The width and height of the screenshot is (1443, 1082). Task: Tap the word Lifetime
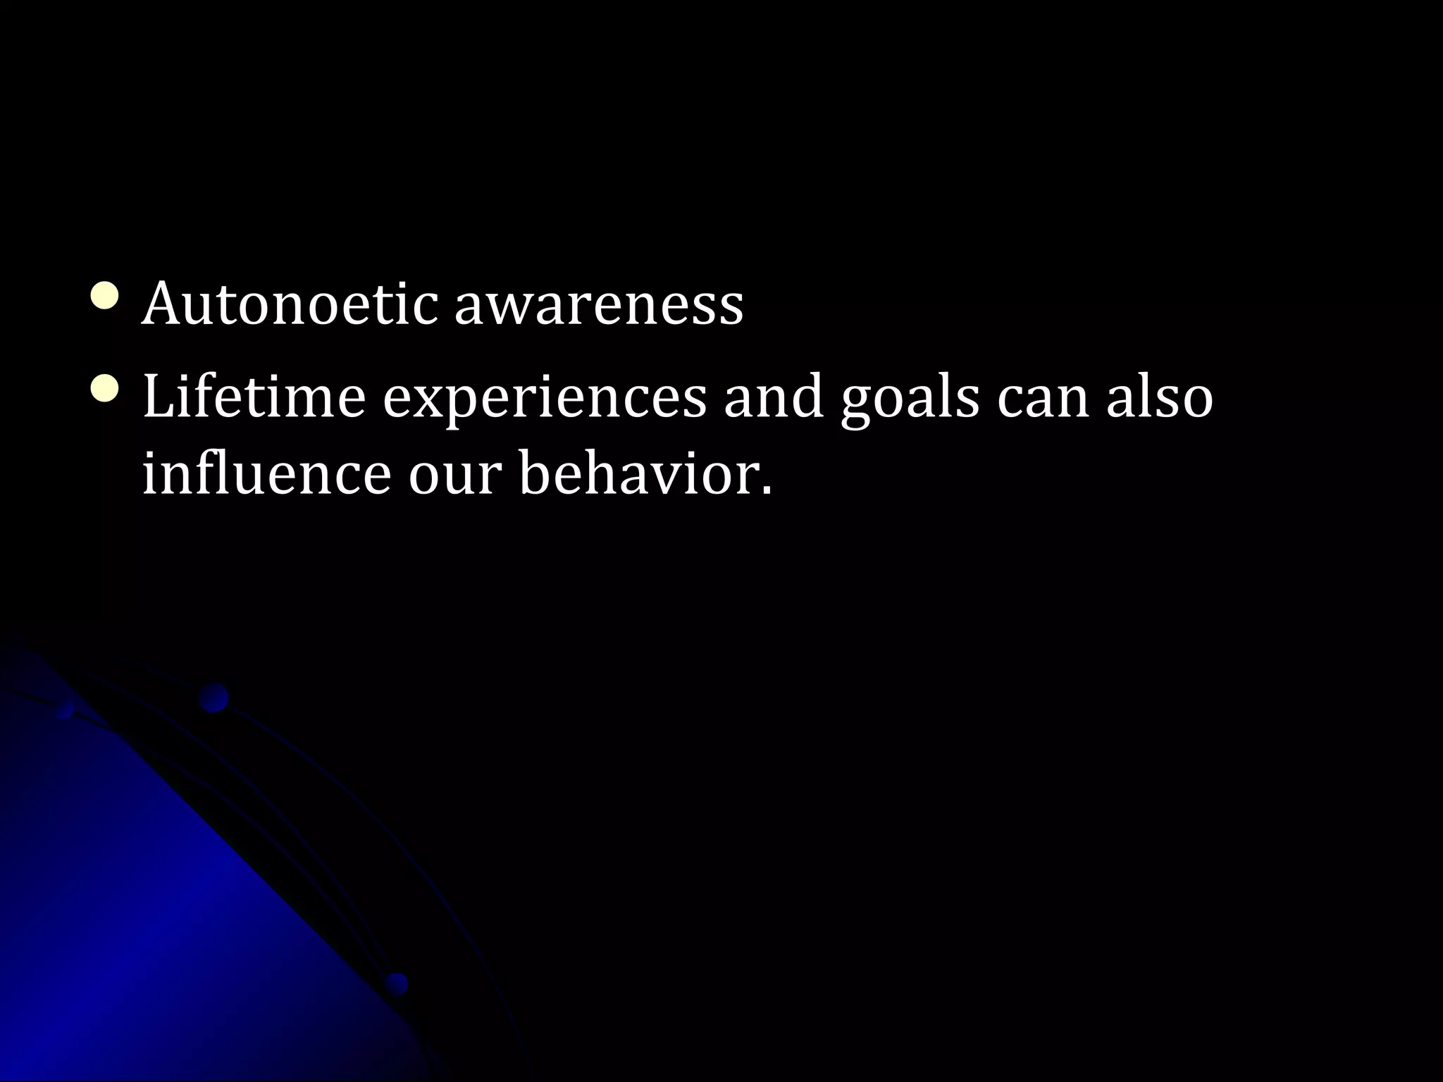click(x=254, y=396)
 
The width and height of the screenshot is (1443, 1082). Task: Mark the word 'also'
click(x=1159, y=396)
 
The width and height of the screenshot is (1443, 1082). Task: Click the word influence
click(x=266, y=473)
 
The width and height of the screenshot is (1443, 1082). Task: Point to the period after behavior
click(x=766, y=490)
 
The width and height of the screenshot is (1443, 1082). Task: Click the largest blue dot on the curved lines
click(x=213, y=698)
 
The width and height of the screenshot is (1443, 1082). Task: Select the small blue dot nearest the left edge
click(x=66, y=709)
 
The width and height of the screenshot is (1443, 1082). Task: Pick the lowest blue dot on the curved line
click(x=397, y=983)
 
